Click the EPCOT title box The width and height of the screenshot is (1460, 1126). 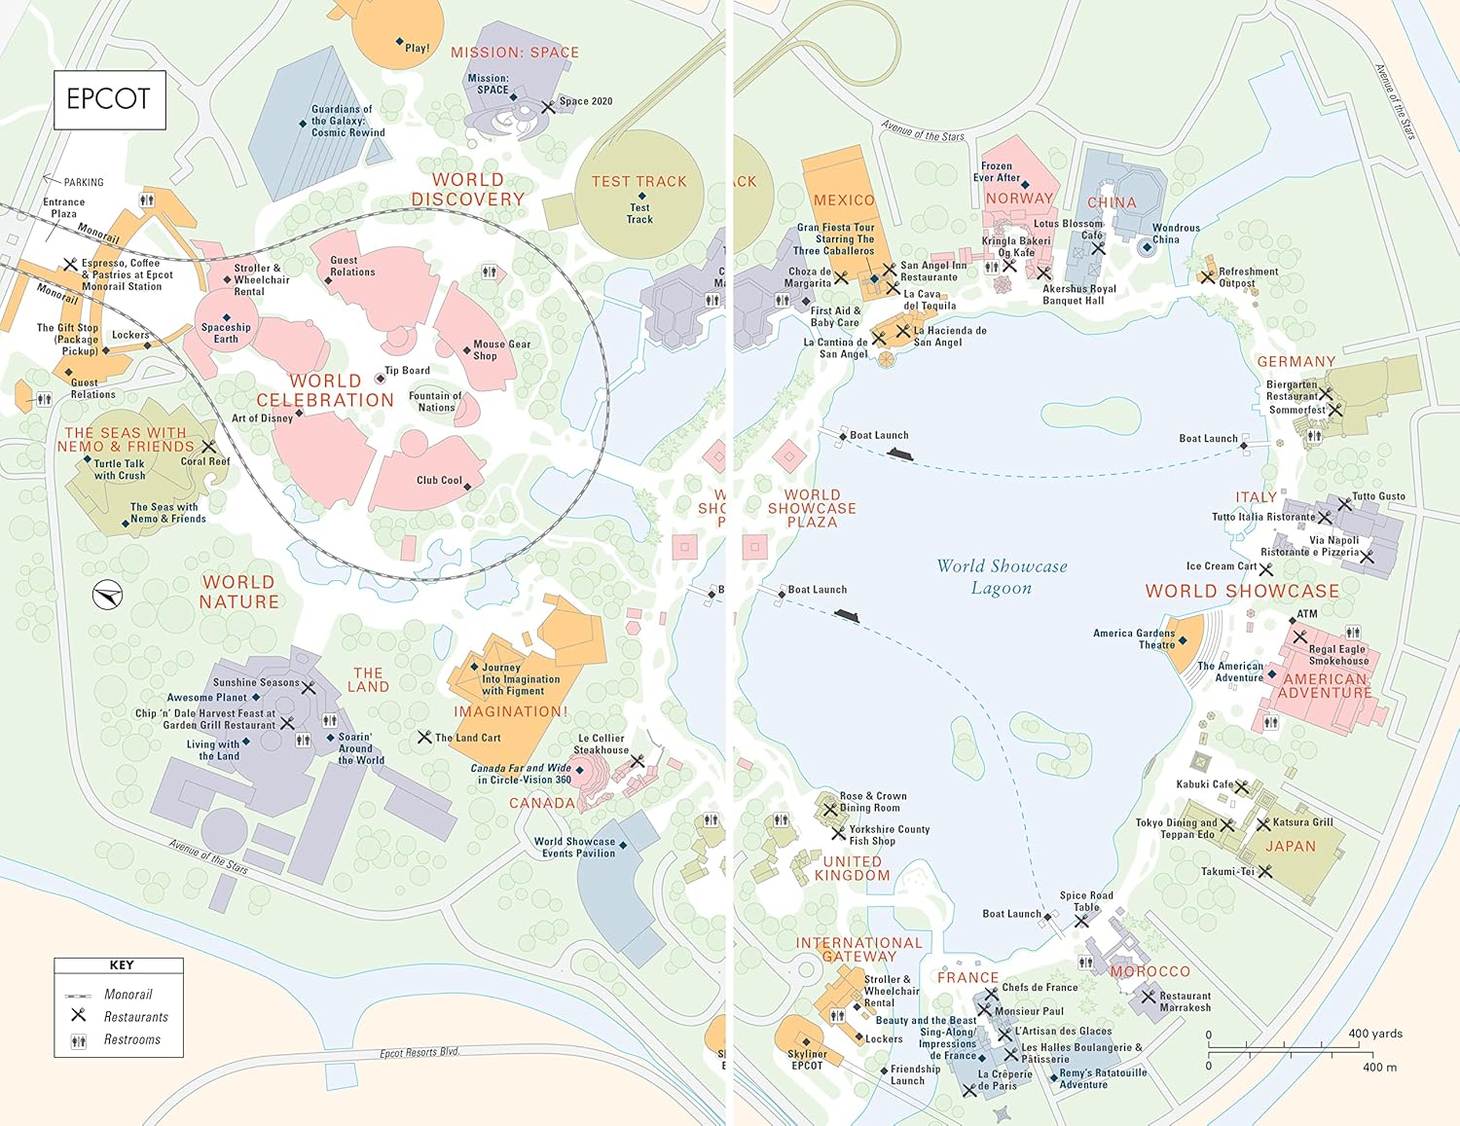coord(108,99)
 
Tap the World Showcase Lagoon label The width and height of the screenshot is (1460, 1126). coord(1002,577)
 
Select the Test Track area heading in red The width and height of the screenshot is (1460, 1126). coord(639,182)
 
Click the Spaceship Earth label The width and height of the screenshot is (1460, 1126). coord(226,333)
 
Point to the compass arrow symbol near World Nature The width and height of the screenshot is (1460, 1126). coord(107,595)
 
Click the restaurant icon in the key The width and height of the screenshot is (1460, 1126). coord(78,1015)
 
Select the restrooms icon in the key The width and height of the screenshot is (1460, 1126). coord(78,1040)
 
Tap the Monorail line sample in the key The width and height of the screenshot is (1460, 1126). coord(78,996)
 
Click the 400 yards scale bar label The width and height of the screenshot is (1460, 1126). coord(1374,1034)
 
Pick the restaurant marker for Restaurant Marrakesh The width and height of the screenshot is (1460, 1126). coord(1149,998)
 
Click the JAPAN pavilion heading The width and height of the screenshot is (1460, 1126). coord(1290,847)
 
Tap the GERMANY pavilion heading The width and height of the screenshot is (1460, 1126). coord(1296,361)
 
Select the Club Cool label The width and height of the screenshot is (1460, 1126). coord(439,480)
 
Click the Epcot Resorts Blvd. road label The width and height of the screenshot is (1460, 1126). coord(420,1053)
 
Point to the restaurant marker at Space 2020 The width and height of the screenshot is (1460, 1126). coord(548,107)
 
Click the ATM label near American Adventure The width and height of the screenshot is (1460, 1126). coord(1307,614)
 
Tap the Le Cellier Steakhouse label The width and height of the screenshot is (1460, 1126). coord(601,744)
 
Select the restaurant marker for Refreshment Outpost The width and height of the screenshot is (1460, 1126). coord(1207,277)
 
